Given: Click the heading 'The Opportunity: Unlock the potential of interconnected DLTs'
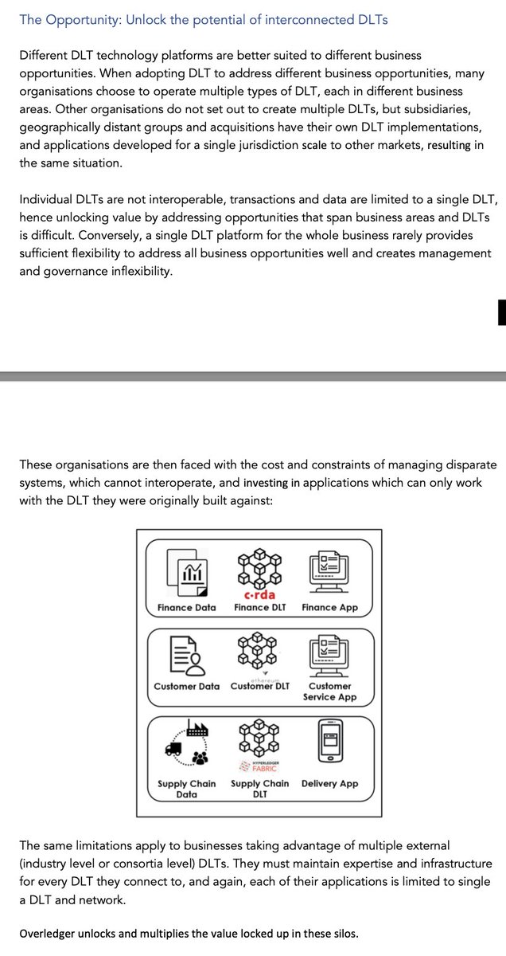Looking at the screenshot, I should pos(204,19).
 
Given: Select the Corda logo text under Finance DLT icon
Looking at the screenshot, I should pos(259,594).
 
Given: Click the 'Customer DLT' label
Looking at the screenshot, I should pos(260,686).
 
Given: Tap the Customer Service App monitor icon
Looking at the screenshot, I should pos(329,654).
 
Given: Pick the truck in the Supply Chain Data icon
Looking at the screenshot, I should pos(174,747).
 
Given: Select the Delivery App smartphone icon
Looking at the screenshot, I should pos(329,742).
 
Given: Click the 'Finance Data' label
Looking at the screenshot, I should pos(186,607).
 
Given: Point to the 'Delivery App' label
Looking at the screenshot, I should pos(329,783).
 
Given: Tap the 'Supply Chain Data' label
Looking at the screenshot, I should pos(186,789).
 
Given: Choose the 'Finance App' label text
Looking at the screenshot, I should pos(329,607).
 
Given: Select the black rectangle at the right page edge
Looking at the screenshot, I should pos(501,312).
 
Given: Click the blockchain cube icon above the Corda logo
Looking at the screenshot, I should pos(259,566).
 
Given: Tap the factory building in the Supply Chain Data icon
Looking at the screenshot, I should pos(197,727).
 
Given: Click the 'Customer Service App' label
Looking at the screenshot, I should pos(329,692).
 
